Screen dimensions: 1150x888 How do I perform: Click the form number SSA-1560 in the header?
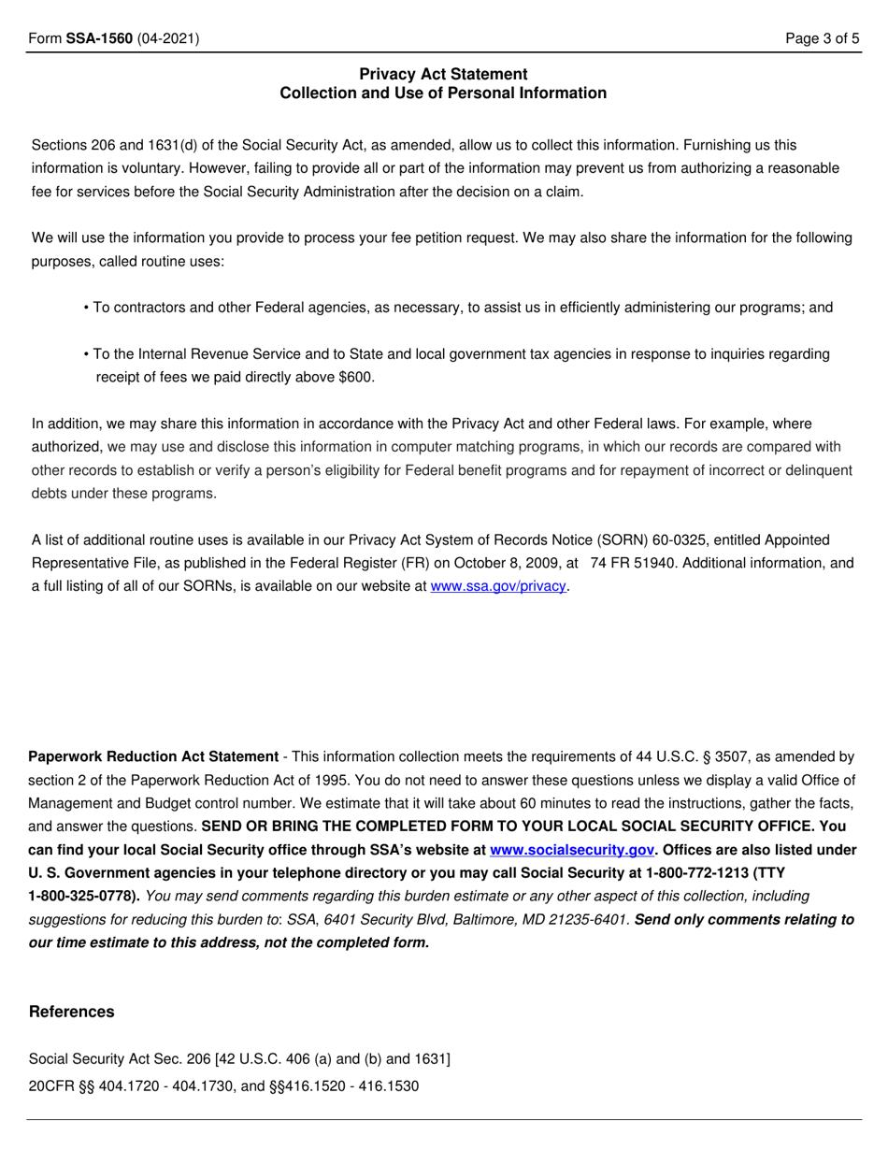(x=99, y=38)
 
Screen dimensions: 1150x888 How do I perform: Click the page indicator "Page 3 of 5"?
(x=822, y=38)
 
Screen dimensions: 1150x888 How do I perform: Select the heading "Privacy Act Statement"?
(x=443, y=74)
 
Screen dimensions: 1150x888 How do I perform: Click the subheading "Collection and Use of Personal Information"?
(x=443, y=93)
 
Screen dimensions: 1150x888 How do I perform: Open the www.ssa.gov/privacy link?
(x=497, y=586)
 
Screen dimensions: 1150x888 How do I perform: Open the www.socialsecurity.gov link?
(x=571, y=851)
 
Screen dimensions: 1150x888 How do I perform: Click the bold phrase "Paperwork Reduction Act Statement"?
(x=154, y=756)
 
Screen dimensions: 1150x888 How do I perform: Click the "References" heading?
(x=72, y=1012)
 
